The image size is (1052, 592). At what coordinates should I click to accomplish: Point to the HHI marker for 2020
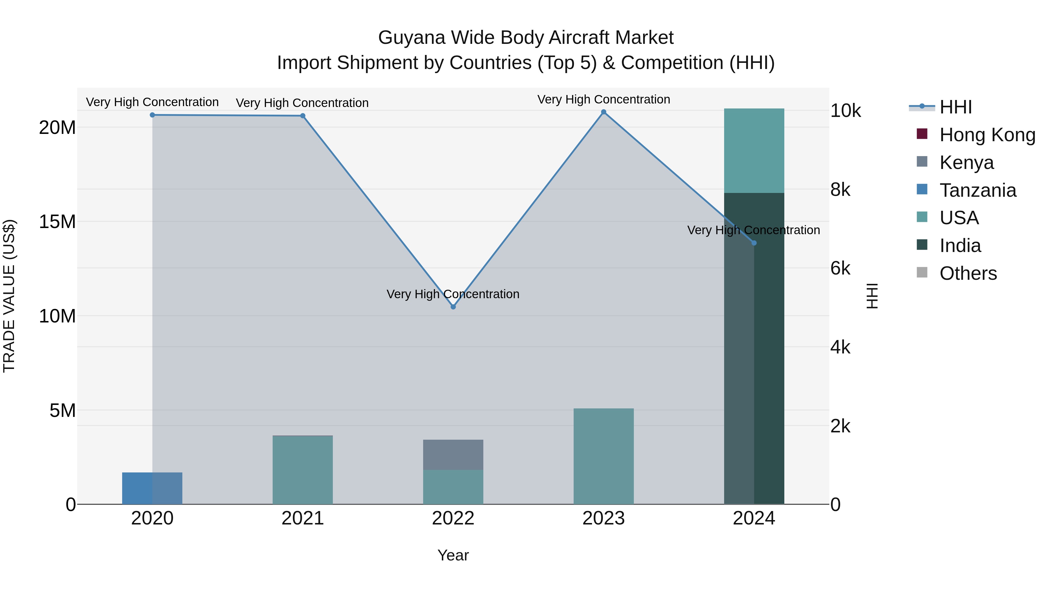pyautogui.click(x=152, y=115)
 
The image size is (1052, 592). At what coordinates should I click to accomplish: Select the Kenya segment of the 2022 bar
pyautogui.click(x=453, y=455)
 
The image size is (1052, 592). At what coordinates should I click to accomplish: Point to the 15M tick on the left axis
pyautogui.click(x=57, y=222)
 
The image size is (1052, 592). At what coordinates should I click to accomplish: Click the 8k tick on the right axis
pyautogui.click(x=840, y=189)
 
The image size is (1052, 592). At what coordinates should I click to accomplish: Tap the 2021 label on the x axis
pyautogui.click(x=303, y=518)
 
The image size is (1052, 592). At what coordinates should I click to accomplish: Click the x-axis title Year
pyautogui.click(x=453, y=555)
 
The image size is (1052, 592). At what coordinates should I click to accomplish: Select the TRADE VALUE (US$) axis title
pyautogui.click(x=9, y=296)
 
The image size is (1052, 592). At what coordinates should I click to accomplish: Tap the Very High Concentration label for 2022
pyautogui.click(x=453, y=294)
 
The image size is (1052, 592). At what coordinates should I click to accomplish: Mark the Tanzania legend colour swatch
pyautogui.click(x=922, y=189)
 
